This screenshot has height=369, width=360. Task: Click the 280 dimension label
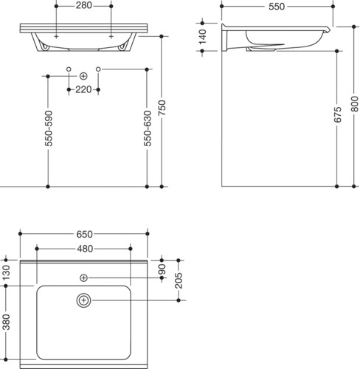coord(83,5)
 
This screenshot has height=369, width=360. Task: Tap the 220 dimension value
coord(83,89)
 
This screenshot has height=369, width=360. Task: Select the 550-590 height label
coord(49,128)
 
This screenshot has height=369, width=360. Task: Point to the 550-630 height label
coord(148,128)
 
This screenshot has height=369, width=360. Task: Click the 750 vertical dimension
coord(162,108)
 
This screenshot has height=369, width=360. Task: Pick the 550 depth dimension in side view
coord(277,7)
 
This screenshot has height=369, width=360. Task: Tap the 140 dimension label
coord(203,37)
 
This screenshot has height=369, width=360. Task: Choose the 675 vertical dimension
coord(338,114)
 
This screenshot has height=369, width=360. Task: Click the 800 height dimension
coord(355,104)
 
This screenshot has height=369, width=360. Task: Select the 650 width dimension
coord(84,234)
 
